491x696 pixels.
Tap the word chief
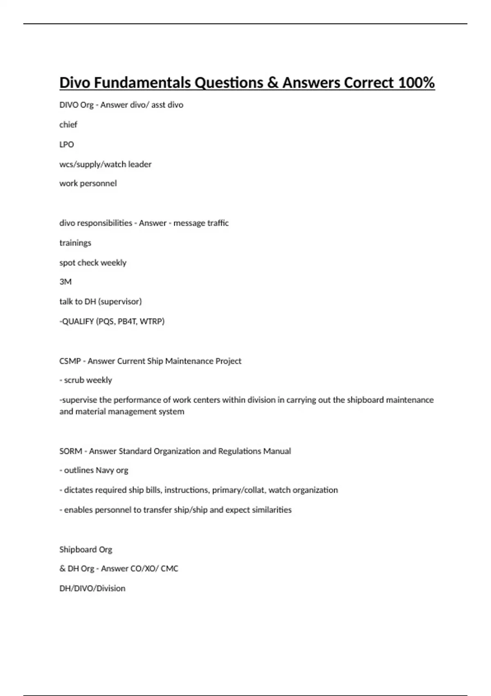click(68, 124)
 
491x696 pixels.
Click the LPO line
click(67, 145)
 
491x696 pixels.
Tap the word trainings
click(75, 243)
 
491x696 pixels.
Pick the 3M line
click(65, 282)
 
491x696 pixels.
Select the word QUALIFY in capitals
click(78, 321)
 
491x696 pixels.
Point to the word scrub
click(74, 380)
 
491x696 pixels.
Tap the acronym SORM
click(71, 451)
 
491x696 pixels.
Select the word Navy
click(105, 470)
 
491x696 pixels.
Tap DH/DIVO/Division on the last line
click(92, 588)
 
